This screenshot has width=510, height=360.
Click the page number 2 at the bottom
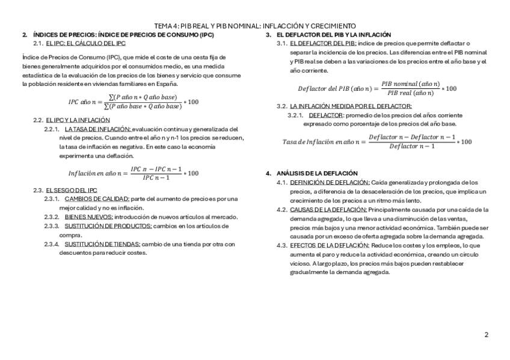(x=486, y=335)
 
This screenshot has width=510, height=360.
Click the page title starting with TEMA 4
(x=255, y=26)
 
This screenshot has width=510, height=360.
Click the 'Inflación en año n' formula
(x=133, y=173)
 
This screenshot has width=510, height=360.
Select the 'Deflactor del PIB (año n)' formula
(x=377, y=88)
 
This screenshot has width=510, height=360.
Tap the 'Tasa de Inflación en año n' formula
(x=377, y=142)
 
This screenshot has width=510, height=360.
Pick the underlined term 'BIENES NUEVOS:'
(x=88, y=217)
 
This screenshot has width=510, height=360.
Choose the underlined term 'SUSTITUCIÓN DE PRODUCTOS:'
(x=108, y=226)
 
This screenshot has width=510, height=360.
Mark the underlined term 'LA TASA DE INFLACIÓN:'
(x=97, y=129)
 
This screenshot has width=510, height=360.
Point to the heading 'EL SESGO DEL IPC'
(x=72, y=190)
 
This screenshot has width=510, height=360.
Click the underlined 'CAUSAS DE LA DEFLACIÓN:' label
(x=328, y=210)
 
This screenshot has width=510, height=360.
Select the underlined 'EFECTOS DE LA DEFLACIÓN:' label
(x=329, y=245)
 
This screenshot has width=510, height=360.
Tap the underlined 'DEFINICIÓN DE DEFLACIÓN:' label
(x=330, y=182)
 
